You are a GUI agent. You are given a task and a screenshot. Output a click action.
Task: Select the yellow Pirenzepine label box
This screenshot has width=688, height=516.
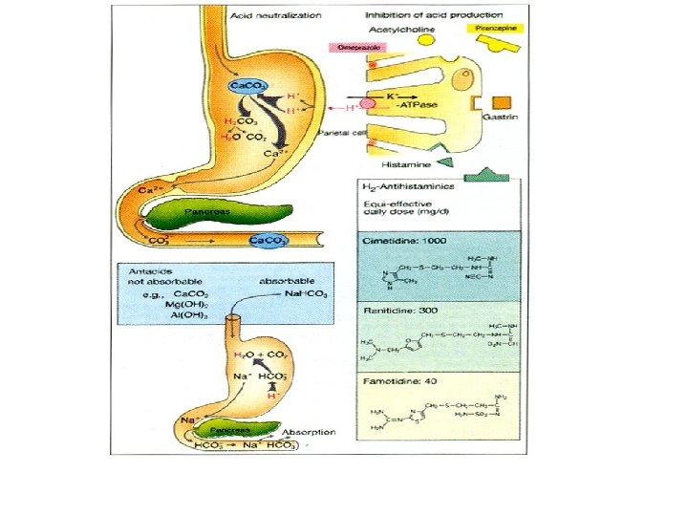coord(493,30)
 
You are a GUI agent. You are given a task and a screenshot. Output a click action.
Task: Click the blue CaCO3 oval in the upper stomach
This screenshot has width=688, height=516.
coord(245,87)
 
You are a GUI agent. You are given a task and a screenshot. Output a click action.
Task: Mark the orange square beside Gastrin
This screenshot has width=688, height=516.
coord(502,102)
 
